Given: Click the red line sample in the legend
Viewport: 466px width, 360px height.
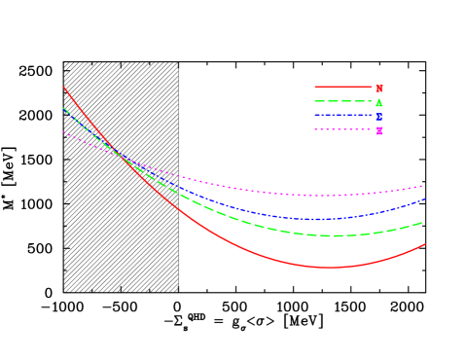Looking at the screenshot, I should pos(342,88).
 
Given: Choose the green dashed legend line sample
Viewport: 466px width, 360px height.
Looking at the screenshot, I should pos(342,101).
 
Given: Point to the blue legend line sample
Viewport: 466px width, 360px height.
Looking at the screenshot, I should pos(342,116).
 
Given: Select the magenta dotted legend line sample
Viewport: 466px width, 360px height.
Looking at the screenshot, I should pos(342,129).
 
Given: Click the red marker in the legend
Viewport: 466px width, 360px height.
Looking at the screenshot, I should pos(379,88).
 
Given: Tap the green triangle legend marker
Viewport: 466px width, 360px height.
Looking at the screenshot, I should pos(379,101).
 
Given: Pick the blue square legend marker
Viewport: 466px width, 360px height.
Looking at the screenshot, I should pos(379,116).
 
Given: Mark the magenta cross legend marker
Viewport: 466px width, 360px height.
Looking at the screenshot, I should pos(379,130).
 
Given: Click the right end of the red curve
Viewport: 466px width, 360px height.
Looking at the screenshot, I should pos(426,244).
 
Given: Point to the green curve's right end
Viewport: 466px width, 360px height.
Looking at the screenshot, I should pos(422,223).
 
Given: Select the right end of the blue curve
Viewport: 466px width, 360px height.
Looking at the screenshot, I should pos(426,198).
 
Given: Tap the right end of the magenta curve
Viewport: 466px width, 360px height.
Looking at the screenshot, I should pos(422,186).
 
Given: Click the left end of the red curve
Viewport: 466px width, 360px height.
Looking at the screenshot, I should pos(63,87).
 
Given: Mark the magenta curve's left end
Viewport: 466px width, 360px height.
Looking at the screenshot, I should pos(63,132).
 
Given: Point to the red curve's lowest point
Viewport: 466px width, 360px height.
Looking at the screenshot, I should pos(331,268).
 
